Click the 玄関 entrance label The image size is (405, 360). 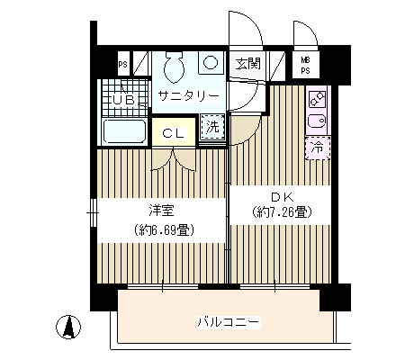(x=247, y=64)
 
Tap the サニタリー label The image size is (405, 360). (x=188, y=95)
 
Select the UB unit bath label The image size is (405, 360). (x=123, y=100)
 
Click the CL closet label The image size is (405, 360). (x=174, y=132)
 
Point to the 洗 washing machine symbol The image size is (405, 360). (x=212, y=128)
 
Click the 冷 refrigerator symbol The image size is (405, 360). (x=317, y=144)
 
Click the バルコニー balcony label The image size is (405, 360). (x=229, y=322)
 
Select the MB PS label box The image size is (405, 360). (x=305, y=65)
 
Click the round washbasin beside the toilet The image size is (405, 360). (x=210, y=64)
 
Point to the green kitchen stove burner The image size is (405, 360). (x=317, y=99)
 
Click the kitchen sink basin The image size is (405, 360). (x=317, y=121)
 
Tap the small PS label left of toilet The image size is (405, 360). (x=122, y=65)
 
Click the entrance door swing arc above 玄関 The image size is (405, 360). (x=246, y=31)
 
